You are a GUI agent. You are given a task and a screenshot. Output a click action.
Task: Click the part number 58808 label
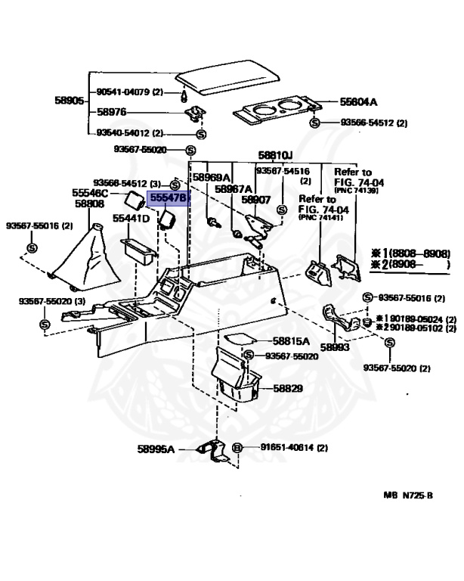(88, 204)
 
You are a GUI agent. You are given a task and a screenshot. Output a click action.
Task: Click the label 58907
(255, 200)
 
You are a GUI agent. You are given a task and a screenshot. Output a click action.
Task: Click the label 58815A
(288, 342)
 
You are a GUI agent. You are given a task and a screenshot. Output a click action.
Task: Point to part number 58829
(287, 388)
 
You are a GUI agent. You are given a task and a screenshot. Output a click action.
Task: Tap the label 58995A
(156, 449)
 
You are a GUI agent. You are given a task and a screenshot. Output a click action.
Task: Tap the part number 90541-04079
(123, 92)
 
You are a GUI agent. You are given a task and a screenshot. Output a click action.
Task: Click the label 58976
(111, 111)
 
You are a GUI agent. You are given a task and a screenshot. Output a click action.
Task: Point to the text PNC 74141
(320, 218)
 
